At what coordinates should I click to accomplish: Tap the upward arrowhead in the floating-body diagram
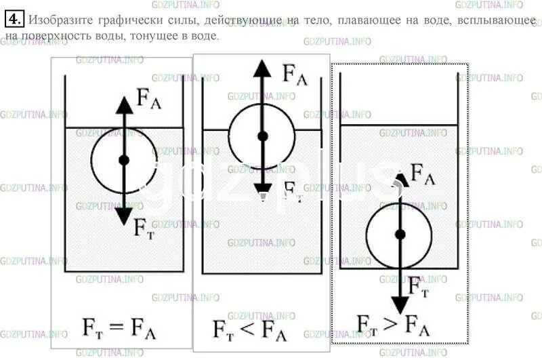(124, 105)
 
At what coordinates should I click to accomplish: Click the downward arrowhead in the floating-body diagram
(124, 216)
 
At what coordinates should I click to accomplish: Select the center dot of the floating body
(123, 160)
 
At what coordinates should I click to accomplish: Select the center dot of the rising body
(262, 136)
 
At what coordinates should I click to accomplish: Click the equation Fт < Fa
(254, 329)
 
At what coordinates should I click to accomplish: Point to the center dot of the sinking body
(400, 234)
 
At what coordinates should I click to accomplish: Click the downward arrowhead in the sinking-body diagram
(400, 304)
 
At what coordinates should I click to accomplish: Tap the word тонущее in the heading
(157, 35)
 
